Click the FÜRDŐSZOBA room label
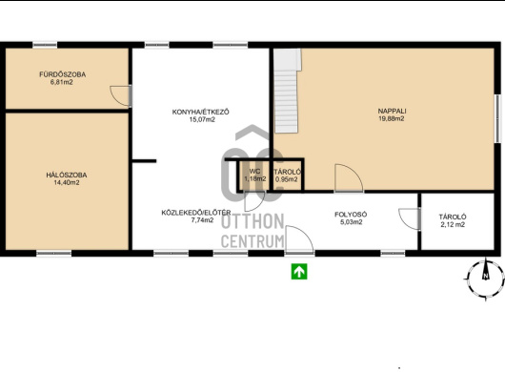pyautogui.click(x=63, y=74)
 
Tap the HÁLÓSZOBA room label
pyautogui.click(x=67, y=176)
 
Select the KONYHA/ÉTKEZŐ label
pyautogui.click(x=201, y=112)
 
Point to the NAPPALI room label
pyautogui.click(x=392, y=111)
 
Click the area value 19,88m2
pyautogui.click(x=392, y=118)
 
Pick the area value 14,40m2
pyautogui.click(x=67, y=183)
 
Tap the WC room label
pyautogui.click(x=254, y=171)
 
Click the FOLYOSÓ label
pyautogui.click(x=351, y=215)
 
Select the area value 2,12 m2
pyautogui.click(x=453, y=225)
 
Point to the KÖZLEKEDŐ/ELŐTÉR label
pyautogui.click(x=196, y=213)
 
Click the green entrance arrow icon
pyautogui.click(x=299, y=272)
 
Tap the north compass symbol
pyautogui.click(x=485, y=278)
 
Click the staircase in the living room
pyautogui.click(x=288, y=91)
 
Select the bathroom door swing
pyautogui.click(x=120, y=95)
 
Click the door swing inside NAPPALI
pyautogui.click(x=349, y=178)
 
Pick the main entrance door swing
pyautogui.click(x=299, y=238)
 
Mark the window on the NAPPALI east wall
pyautogui.click(x=498, y=118)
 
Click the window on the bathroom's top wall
pyautogui.click(x=45, y=45)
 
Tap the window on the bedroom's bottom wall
pyautogui.click(x=53, y=254)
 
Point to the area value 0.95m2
pyautogui.click(x=287, y=179)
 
